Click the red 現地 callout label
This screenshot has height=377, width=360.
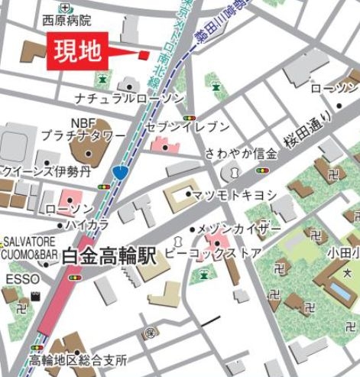(76, 52)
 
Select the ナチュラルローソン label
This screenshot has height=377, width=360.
(129, 99)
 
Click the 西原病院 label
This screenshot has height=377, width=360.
(66, 21)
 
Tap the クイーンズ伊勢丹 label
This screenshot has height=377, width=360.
(47, 171)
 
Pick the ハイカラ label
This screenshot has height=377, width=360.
(86, 225)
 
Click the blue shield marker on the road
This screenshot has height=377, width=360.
(120, 172)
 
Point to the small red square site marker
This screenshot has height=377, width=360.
(143, 54)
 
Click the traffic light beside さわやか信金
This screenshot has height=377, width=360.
(264, 171)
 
